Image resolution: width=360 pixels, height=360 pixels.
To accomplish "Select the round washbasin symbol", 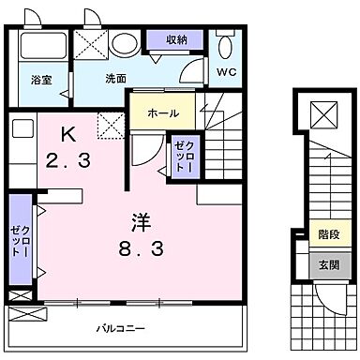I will [x=122, y=44].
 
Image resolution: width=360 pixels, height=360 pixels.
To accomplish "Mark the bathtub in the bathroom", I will [x=39, y=47].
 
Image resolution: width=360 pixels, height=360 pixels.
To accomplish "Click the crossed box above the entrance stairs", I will [x=322, y=114].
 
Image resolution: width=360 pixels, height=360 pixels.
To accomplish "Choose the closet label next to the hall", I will [x=181, y=157].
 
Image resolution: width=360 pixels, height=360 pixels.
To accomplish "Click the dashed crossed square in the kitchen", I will [x=109, y=123].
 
